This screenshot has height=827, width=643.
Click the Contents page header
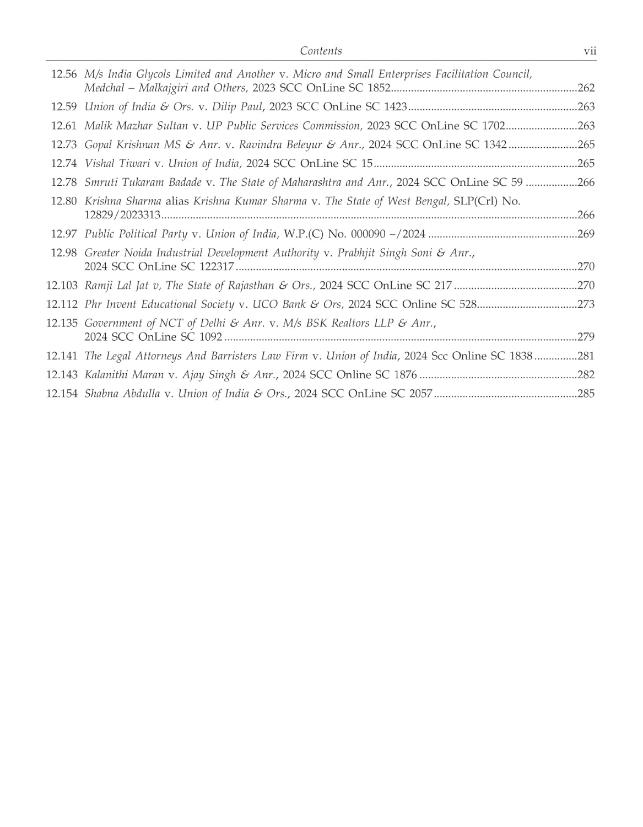click(x=321, y=51)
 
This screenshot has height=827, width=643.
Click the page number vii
click(x=590, y=51)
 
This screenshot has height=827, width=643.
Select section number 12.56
click(x=64, y=74)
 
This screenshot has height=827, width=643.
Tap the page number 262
click(x=586, y=88)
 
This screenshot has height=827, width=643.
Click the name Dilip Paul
click(x=237, y=106)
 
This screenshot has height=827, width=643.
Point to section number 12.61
click(x=64, y=125)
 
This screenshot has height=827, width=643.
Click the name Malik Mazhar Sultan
click(x=136, y=125)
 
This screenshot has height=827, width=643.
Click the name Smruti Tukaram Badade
click(x=143, y=182)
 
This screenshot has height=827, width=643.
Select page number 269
click(x=586, y=234)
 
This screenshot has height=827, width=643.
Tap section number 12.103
click(x=62, y=285)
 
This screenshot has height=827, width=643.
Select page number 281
click(x=586, y=356)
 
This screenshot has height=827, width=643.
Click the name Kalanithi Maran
click(x=124, y=374)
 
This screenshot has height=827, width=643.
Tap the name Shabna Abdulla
click(x=122, y=393)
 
